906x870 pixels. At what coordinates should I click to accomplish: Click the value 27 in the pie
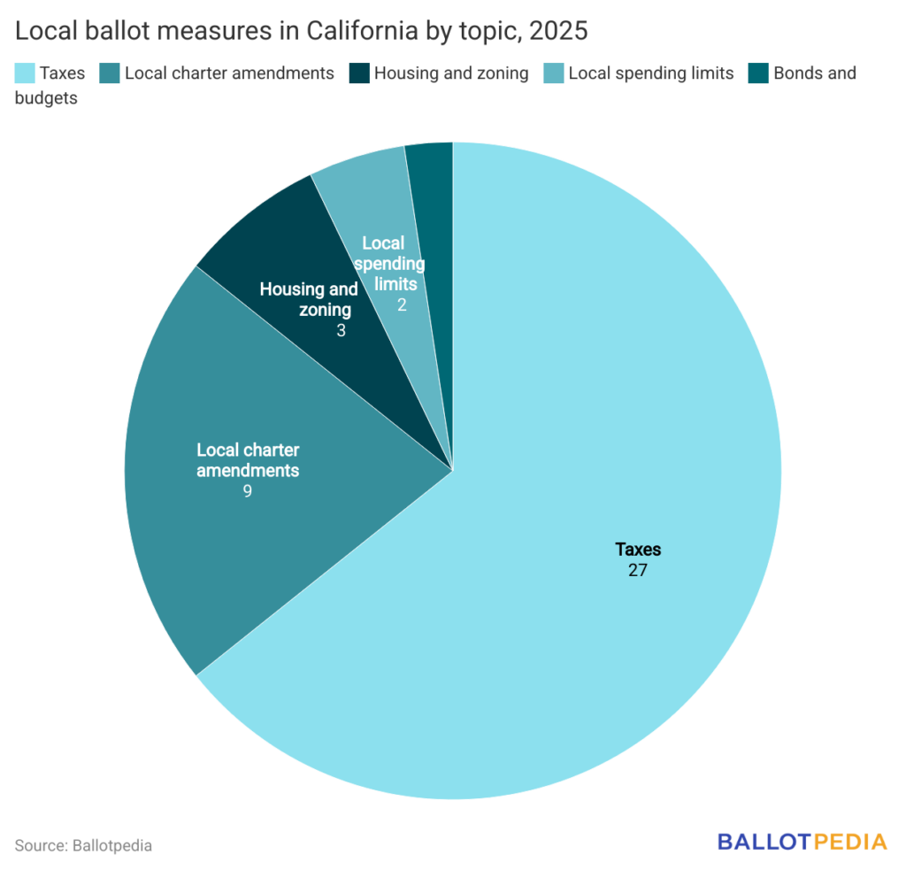click(638, 570)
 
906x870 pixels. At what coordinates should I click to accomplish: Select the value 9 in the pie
click(248, 490)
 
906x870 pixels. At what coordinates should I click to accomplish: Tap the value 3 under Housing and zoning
click(341, 330)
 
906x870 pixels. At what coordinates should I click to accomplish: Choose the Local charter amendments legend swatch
click(110, 73)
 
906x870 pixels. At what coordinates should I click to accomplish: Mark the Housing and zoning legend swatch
click(359, 73)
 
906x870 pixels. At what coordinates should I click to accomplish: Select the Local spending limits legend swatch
click(554, 73)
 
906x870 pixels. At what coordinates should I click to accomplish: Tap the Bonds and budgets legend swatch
click(758, 73)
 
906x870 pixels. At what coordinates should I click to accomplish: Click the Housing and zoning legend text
click(451, 73)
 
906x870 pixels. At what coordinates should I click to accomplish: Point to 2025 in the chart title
click(558, 32)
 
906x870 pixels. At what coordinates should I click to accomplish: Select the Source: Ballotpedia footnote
click(83, 845)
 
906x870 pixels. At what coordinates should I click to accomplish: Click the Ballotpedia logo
click(802, 842)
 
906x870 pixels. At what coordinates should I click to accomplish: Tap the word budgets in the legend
click(46, 98)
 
